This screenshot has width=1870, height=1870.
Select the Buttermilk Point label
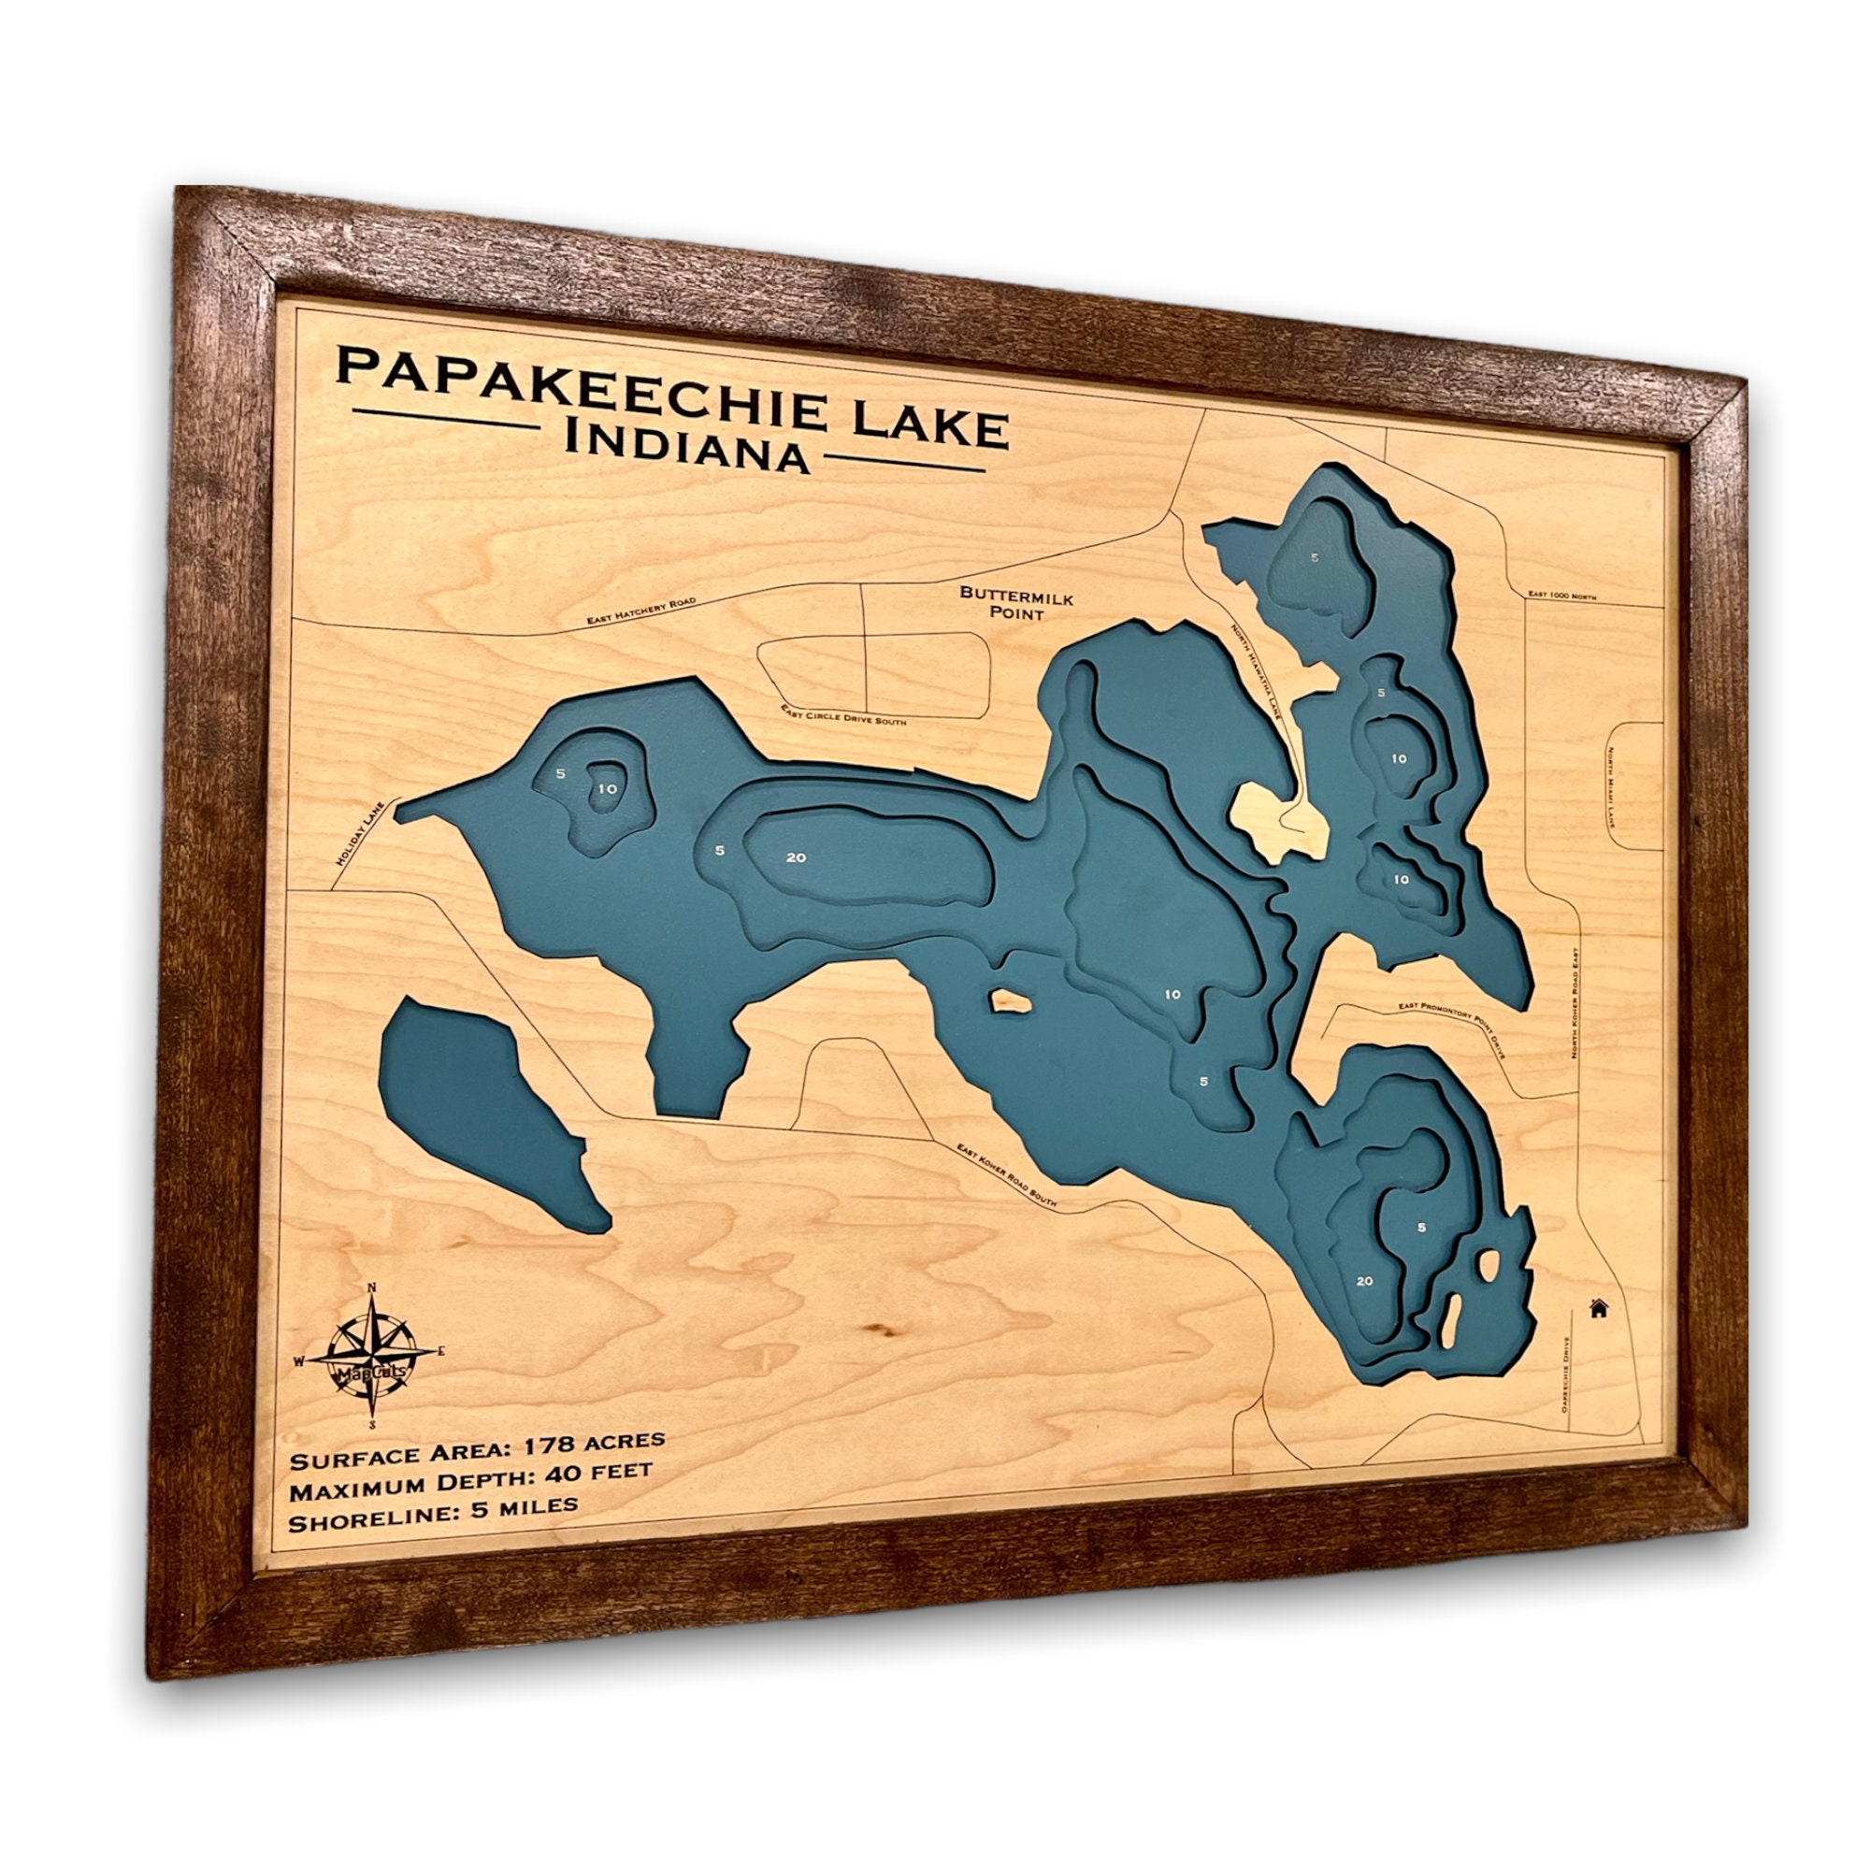(x=1016, y=605)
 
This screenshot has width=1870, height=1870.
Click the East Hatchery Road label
(x=641, y=611)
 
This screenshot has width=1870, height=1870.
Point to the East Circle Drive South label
(x=843, y=714)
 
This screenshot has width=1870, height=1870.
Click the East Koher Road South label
(x=1007, y=1177)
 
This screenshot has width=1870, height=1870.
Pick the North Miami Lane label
(x=1613, y=790)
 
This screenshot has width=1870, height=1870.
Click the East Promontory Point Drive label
(x=1452, y=1028)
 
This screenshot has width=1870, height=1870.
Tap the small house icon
(x=1599, y=1309)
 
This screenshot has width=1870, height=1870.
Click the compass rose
(x=373, y=1357)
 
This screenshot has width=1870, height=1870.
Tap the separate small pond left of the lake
(x=484, y=1113)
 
